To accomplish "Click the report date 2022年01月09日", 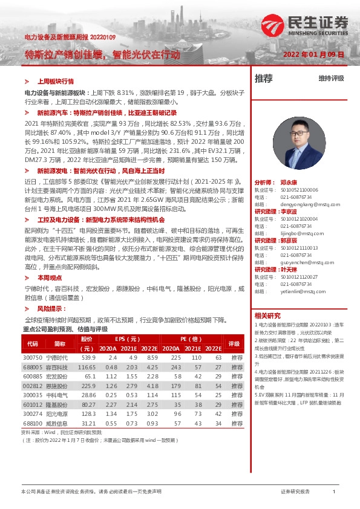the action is tap(313, 54).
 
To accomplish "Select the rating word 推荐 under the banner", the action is tap(263, 79).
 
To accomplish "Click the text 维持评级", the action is tap(331, 79).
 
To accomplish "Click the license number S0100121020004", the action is tap(292, 219).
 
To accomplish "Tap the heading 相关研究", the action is tap(267, 316).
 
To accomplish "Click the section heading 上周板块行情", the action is tap(55, 80).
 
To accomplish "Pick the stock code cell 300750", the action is tap(33, 358).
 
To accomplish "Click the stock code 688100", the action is tap(33, 423).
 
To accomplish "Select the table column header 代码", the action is tap(33, 343).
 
